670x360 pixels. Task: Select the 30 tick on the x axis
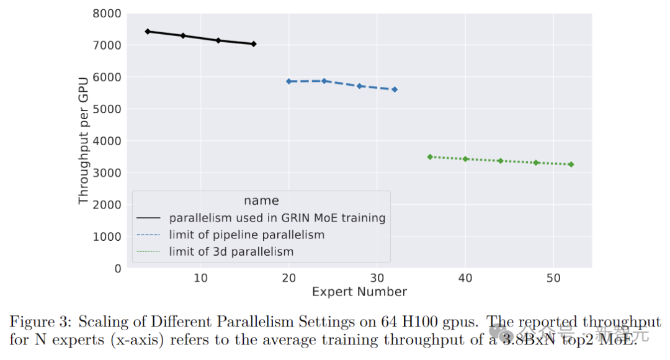[377, 278]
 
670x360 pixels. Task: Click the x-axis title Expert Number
[359, 292]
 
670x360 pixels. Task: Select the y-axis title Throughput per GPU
[84, 141]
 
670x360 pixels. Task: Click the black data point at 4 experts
[148, 32]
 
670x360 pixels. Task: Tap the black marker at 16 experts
[254, 44]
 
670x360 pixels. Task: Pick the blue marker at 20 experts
[288, 81]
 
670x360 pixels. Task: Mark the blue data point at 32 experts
[395, 89]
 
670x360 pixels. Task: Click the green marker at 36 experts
[430, 157]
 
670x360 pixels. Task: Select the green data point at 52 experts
[571, 164]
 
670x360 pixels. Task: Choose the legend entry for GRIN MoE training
[277, 218]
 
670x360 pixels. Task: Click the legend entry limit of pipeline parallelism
[246, 235]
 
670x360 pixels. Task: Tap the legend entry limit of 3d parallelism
[231, 251]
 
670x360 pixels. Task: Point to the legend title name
[261, 200]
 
